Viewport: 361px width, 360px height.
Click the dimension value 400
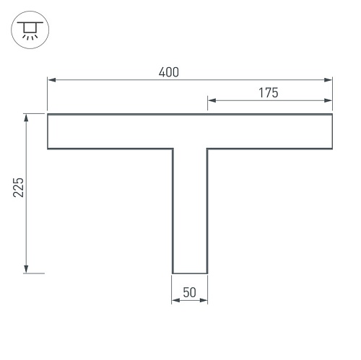(x=169, y=72)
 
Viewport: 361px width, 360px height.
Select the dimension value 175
(x=269, y=93)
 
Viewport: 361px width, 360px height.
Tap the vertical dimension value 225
(x=19, y=188)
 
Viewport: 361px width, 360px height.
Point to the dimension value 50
(x=189, y=292)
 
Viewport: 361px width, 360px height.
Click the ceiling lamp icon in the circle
(x=30, y=30)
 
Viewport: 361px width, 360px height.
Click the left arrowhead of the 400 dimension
(x=51, y=80)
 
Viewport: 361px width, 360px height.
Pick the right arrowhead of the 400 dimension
(x=329, y=80)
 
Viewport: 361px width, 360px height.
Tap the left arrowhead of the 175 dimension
(x=212, y=100)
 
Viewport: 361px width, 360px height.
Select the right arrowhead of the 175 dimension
(x=329, y=100)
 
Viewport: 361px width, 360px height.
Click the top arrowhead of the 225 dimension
(x=26, y=118)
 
